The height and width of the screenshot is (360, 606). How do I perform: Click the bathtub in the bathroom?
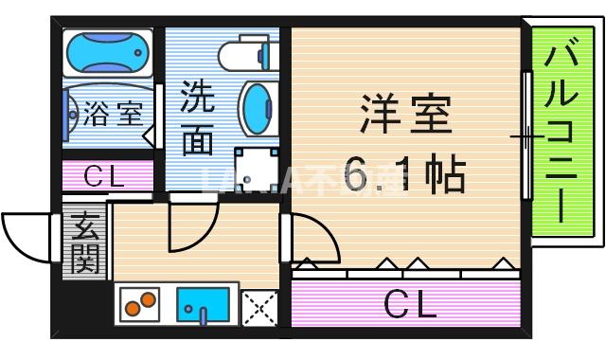click(x=107, y=54)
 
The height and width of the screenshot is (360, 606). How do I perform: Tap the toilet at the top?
click(x=248, y=55)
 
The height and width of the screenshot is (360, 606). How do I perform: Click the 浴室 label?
click(x=114, y=116)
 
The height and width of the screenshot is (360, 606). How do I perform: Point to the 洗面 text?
click(x=197, y=117)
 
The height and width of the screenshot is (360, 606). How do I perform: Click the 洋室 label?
click(x=404, y=114)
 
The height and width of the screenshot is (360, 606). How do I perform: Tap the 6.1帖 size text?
click(x=404, y=174)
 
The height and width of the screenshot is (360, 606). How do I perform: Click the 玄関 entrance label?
click(x=86, y=243)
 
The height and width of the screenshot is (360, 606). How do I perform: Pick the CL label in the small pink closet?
click(x=106, y=176)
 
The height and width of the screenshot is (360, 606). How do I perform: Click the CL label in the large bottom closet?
click(x=409, y=304)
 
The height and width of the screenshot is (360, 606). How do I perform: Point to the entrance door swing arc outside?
click(x=26, y=236)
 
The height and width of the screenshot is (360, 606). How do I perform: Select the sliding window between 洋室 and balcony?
click(x=526, y=137)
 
